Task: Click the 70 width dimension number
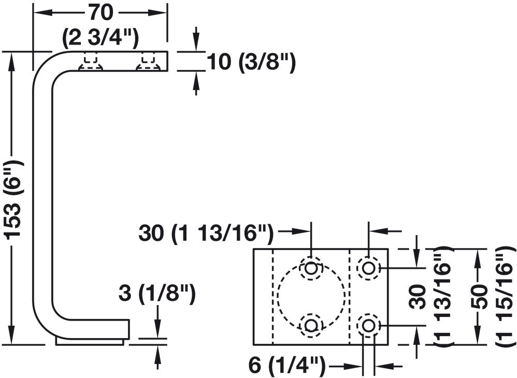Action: coord(100,13)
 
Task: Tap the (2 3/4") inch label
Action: coord(99,39)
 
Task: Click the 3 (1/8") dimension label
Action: coord(157,294)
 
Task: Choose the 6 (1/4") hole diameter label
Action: coord(286,366)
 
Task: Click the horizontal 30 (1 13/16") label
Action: coord(206,234)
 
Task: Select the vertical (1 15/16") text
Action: coord(504,296)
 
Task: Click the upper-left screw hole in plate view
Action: coord(311,268)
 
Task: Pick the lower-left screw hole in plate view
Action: coord(311,325)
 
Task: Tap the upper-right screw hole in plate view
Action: coord(368,268)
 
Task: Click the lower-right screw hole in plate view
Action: coord(368,325)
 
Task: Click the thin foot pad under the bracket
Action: coord(90,342)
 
